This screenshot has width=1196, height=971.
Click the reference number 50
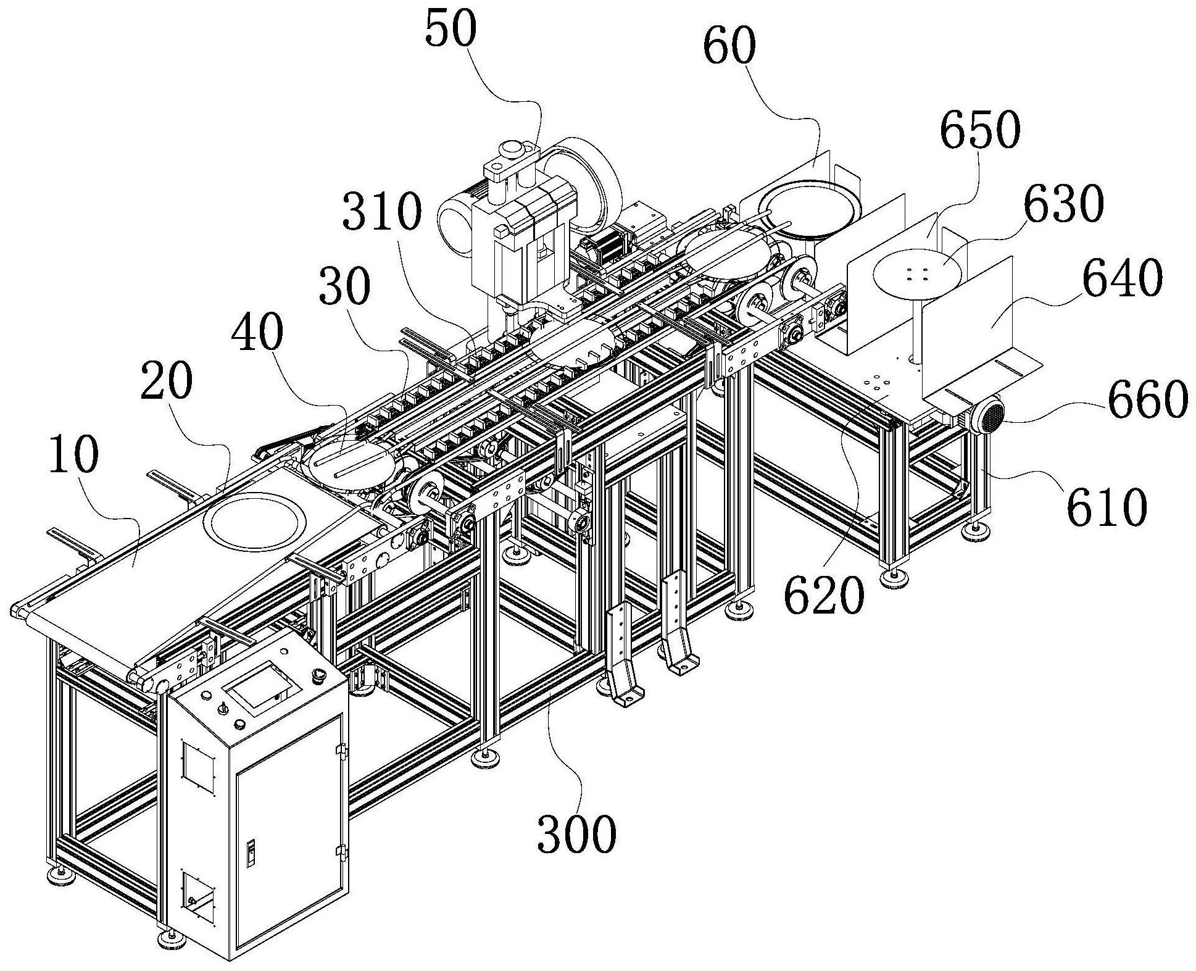[451, 31]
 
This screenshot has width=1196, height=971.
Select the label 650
[979, 131]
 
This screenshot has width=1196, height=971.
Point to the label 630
[1063, 204]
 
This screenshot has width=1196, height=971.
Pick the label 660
[1147, 400]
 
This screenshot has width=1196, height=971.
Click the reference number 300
[576, 833]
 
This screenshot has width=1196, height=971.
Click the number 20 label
[166, 382]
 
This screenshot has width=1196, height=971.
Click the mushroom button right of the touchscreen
[319, 674]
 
